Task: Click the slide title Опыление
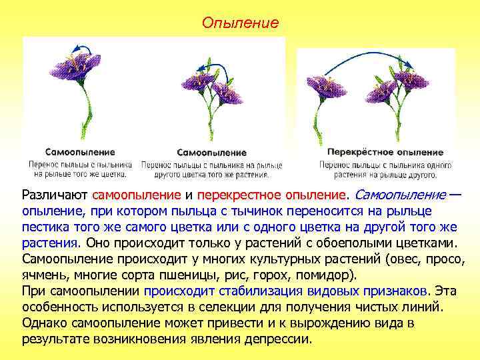(x=240, y=23)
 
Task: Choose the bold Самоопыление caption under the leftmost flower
(x=80, y=151)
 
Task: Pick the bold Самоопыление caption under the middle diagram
(x=211, y=153)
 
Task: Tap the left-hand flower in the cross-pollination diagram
(x=327, y=86)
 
